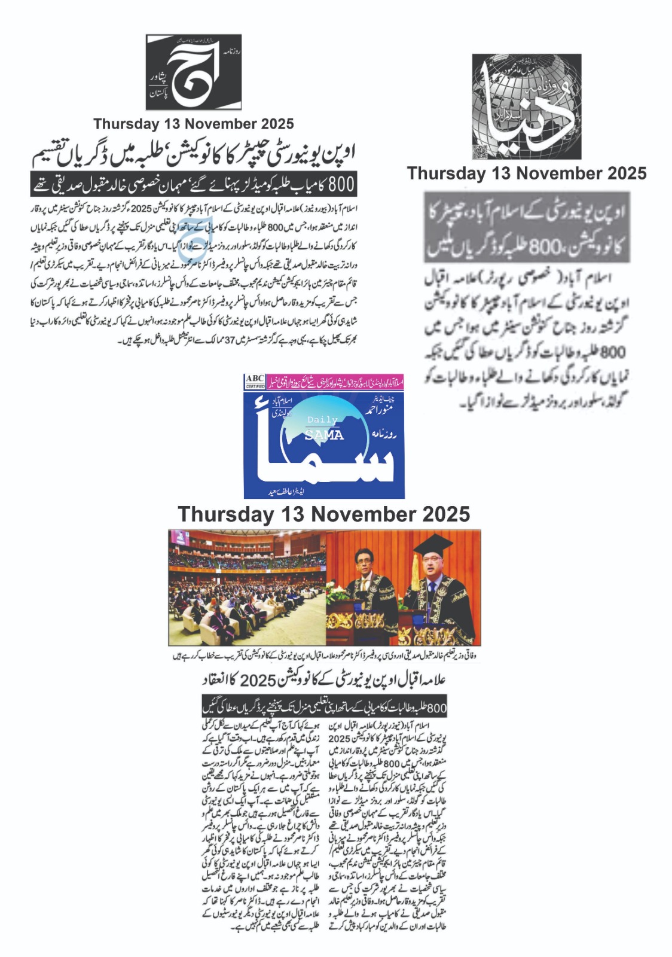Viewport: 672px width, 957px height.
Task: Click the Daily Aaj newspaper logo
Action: (x=194, y=72)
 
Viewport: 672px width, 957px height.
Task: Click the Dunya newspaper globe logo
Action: (x=526, y=106)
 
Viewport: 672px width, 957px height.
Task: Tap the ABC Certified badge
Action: (x=255, y=382)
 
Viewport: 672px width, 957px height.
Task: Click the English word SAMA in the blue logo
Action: (x=324, y=435)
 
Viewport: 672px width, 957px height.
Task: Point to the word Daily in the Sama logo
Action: (x=322, y=420)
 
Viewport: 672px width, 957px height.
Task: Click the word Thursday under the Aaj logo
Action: (x=125, y=124)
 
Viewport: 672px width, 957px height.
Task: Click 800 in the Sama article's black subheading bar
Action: (x=437, y=708)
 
